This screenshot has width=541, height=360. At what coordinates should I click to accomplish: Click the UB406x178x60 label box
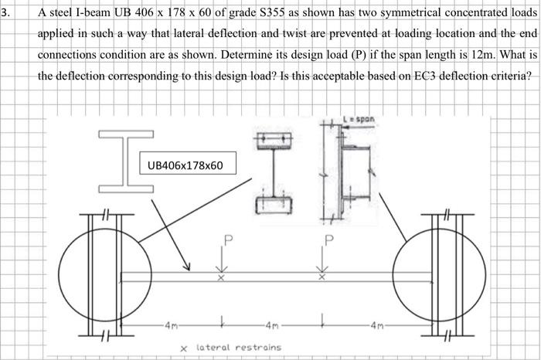pos(184,165)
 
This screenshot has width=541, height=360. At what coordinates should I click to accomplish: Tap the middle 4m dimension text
pos(275,321)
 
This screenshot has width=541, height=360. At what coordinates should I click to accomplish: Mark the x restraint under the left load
pos(220,278)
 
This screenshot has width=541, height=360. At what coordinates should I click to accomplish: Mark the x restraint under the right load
pos(323,278)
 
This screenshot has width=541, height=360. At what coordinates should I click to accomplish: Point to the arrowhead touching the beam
pos(187,267)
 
